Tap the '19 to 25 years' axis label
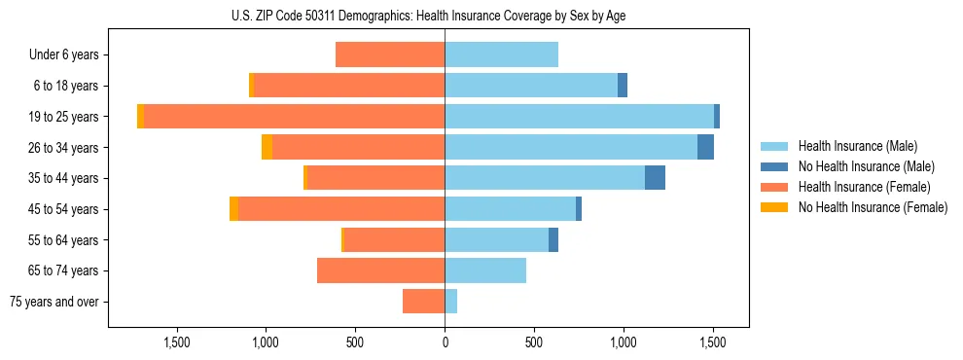tap(64, 117)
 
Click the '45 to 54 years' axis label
tap(64, 209)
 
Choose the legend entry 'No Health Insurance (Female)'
tap(873, 207)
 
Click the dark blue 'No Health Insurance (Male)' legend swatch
tap(775, 166)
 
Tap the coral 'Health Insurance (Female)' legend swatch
tap(775, 187)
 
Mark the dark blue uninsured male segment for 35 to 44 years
tap(655, 178)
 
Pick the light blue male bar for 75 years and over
tap(451, 302)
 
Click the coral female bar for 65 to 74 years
tap(380, 270)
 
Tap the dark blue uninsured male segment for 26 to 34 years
tap(705, 147)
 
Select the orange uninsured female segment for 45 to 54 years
tap(233, 209)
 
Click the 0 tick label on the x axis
tap(445, 342)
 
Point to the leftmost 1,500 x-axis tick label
tap(177, 342)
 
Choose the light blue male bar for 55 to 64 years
tap(496, 239)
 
